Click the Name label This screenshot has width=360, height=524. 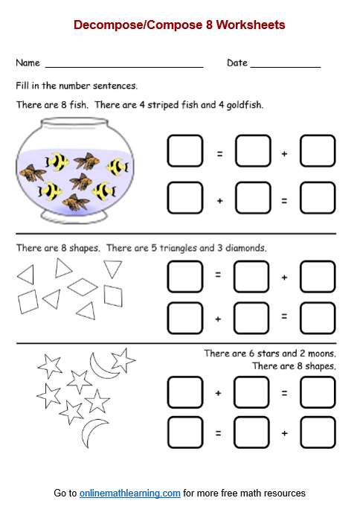coord(28,63)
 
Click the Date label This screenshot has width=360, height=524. coord(237,63)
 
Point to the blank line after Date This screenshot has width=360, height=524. coord(286,66)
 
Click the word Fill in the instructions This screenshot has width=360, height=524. coord(22,86)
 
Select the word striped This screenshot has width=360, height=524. coord(172,105)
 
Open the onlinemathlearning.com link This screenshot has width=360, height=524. coord(130,493)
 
